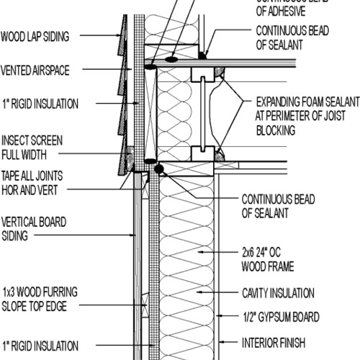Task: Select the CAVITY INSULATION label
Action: (x=277, y=293)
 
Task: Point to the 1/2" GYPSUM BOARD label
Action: (x=280, y=317)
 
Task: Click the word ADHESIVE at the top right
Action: (x=277, y=11)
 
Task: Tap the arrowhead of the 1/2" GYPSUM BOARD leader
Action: (x=216, y=317)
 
